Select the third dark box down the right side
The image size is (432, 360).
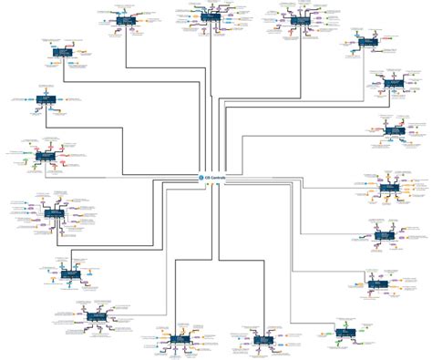click(x=393, y=130)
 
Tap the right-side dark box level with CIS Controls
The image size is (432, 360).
click(x=388, y=186)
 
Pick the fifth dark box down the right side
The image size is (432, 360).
click(x=384, y=234)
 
